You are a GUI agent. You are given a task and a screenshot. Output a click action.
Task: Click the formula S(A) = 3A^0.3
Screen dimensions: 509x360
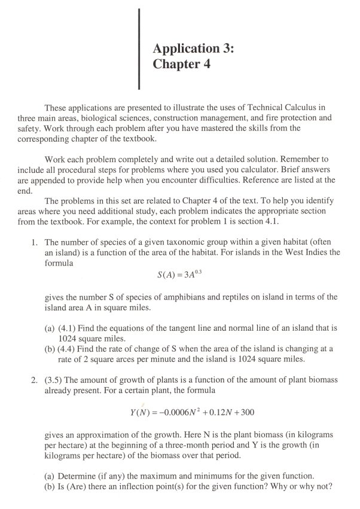pyautogui.click(x=179, y=276)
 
